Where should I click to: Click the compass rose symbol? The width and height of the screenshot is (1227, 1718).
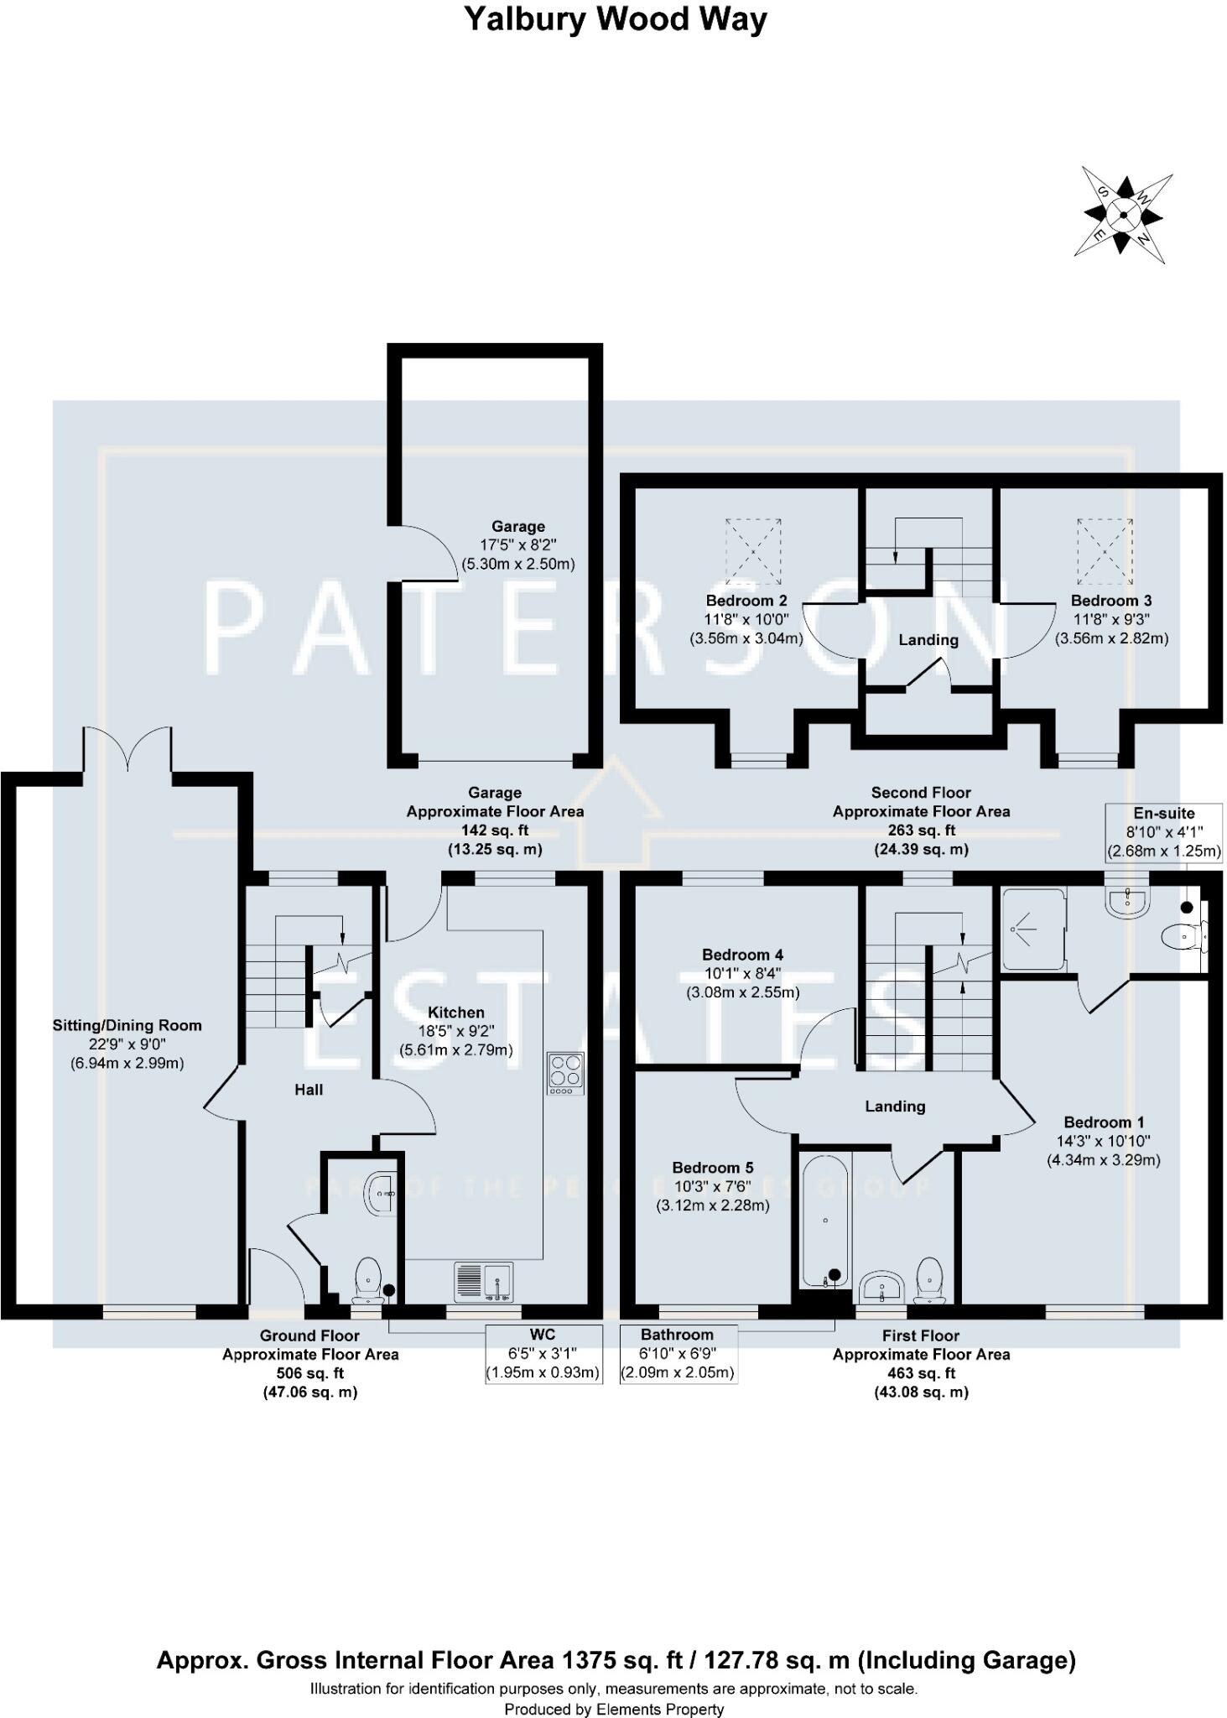pos(1123,215)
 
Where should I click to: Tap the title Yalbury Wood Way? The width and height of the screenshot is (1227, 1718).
pos(615,19)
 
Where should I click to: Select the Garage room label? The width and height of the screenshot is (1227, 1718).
pos(517,527)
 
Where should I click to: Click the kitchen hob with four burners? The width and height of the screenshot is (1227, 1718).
pos(565,1073)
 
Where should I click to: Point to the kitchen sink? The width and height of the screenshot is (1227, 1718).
pos(483,1282)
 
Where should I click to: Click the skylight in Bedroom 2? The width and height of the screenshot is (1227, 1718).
pos(752,550)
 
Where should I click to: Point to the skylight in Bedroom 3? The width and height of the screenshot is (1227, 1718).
pos(1105,550)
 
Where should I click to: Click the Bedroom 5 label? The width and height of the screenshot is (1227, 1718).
pos(712,1168)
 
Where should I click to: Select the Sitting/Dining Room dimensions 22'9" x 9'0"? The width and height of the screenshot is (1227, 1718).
pos(127,1044)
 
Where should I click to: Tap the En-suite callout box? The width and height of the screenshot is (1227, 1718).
pos(1163,832)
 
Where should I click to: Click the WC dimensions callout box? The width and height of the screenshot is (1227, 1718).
pos(543,1354)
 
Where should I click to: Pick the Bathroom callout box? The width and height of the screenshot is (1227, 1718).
pos(678,1354)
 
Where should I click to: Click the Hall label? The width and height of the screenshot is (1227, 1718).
pos(309,1090)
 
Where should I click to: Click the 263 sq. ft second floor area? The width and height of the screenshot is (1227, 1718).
pos(921,830)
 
